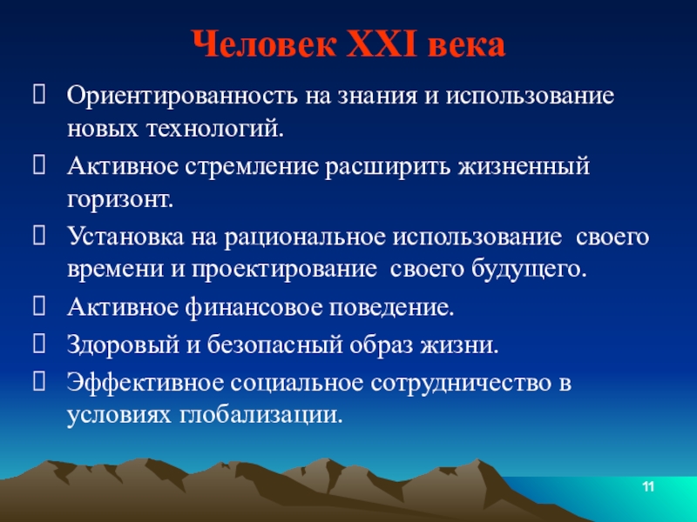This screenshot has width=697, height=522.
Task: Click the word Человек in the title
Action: click(264, 44)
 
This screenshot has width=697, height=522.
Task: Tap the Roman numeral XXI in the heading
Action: click(382, 44)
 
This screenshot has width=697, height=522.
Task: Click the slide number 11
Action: click(648, 487)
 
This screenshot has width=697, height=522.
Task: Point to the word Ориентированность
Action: click(182, 96)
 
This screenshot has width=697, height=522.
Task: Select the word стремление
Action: click(252, 167)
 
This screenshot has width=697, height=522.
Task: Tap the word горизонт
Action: click(120, 200)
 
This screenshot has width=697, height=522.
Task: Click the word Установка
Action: click(125, 237)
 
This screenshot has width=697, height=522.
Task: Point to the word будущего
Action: click(529, 269)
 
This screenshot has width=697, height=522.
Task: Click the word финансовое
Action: click(254, 308)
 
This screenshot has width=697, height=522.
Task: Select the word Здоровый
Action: click(123, 345)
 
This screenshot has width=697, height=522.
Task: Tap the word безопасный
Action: click(275, 345)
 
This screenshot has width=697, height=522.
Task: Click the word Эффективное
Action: click(145, 383)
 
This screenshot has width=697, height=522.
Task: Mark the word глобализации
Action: click(262, 416)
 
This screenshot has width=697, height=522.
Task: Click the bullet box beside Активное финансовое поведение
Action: click(39, 306)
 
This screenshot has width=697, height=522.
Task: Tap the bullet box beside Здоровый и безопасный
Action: click(39, 343)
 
